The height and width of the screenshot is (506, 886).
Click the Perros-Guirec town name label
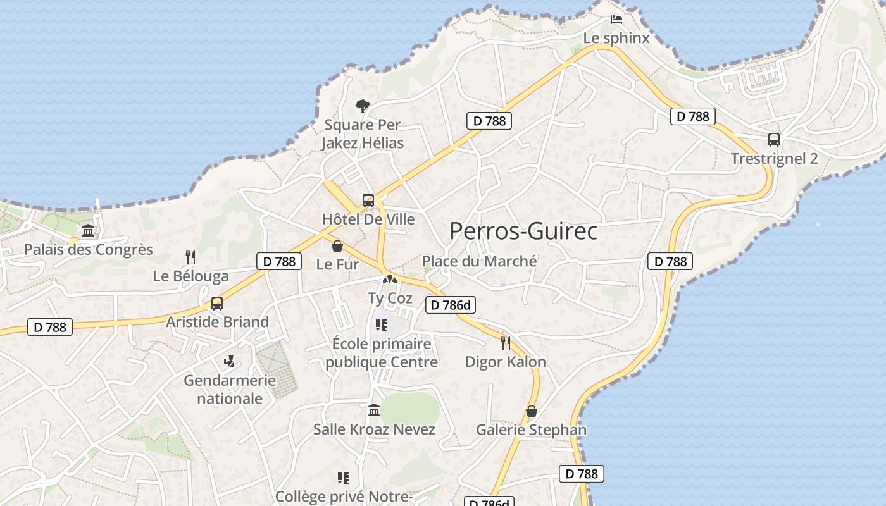(x=523, y=231)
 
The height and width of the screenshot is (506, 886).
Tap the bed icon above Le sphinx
(x=616, y=20)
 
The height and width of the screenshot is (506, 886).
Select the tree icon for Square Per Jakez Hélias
(x=362, y=106)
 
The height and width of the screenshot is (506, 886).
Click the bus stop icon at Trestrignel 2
(x=773, y=140)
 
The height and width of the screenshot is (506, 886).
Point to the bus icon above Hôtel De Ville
(x=368, y=201)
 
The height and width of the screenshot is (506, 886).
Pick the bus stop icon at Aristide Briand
(x=217, y=304)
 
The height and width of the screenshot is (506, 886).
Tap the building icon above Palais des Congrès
(x=88, y=230)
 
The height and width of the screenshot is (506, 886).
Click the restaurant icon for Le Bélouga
(x=190, y=257)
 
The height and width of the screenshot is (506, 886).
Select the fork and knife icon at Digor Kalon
(x=505, y=343)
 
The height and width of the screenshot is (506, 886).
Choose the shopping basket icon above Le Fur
(x=337, y=245)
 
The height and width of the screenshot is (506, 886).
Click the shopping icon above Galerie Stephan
(x=532, y=411)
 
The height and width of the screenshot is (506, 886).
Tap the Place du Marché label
(x=479, y=261)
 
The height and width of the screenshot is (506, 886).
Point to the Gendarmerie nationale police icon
(x=230, y=362)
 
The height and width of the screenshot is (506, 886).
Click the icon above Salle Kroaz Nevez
(x=374, y=410)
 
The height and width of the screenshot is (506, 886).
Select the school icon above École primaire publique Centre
(x=381, y=325)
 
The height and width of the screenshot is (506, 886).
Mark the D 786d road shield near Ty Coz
(x=450, y=305)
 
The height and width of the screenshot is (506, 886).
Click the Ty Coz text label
(x=390, y=298)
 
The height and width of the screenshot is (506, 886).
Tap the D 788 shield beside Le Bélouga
(x=279, y=261)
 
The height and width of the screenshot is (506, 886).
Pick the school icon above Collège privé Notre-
(x=344, y=478)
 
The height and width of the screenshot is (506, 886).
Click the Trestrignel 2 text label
(x=774, y=159)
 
